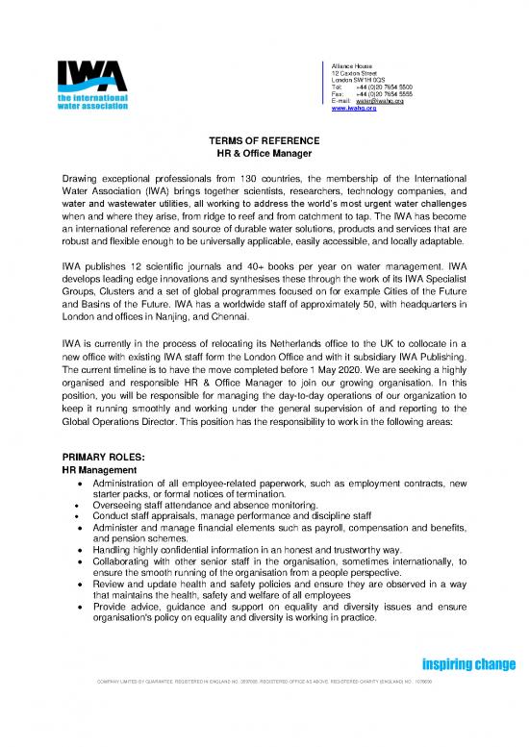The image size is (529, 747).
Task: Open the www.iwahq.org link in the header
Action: coord(353,109)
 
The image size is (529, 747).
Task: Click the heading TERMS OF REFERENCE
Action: coord(264,142)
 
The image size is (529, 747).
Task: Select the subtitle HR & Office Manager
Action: coord(264,155)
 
